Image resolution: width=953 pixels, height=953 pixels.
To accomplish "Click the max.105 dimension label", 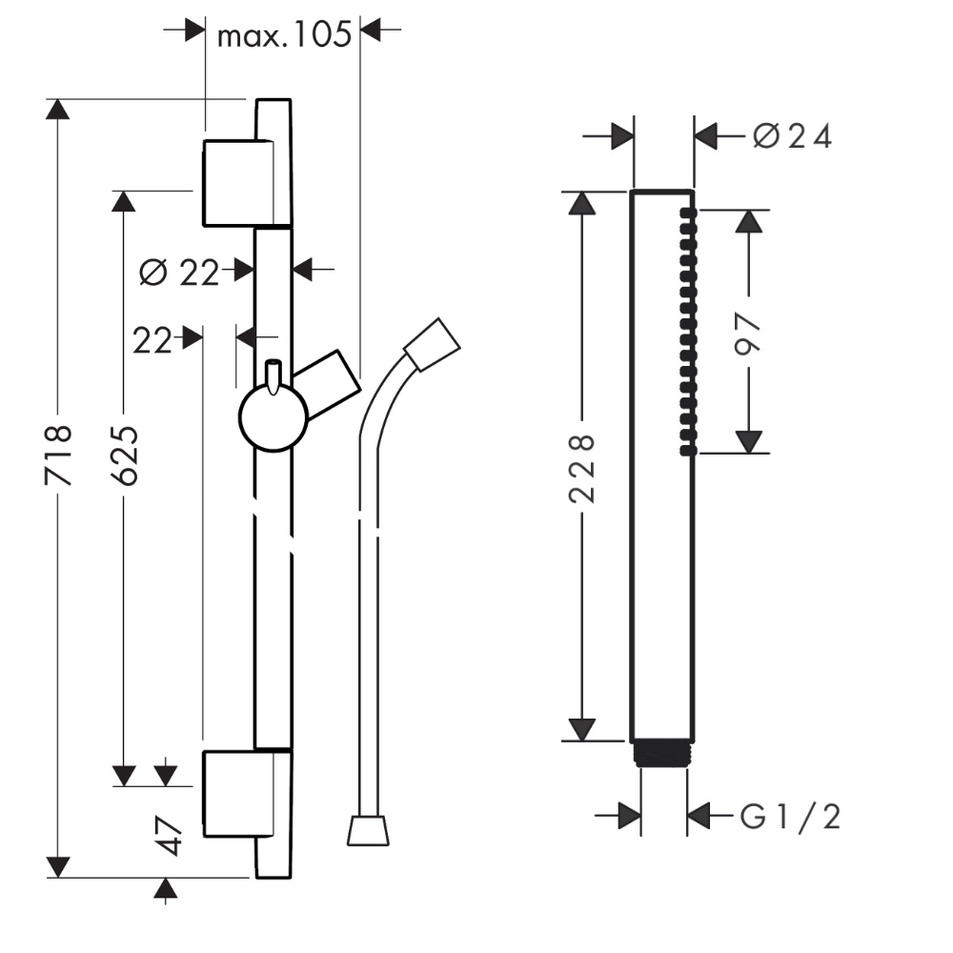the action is pos(284,35).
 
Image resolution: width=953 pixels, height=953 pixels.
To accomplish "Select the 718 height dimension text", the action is pos(58,456).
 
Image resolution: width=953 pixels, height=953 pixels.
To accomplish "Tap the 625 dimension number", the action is pos(126,456).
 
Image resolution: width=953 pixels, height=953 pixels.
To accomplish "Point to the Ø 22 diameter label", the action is pos(179,273).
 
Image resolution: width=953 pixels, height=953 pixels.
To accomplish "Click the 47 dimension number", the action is pos(167,837).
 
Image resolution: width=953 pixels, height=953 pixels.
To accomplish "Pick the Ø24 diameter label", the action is pos(792,136).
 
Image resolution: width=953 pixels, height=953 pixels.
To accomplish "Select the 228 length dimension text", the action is pos(581,469).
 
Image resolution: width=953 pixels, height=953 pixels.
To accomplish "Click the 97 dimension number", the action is pos(748,333).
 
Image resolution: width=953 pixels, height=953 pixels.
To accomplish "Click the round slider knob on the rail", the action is pos(273,417).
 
